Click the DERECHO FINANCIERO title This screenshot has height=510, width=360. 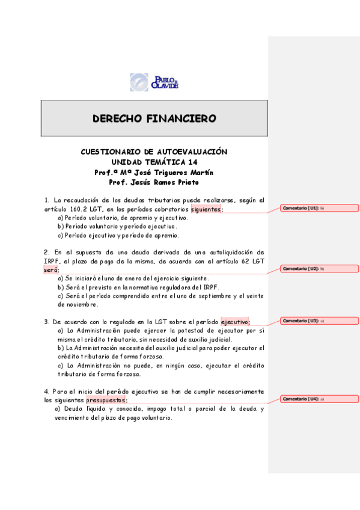pyautogui.click(x=154, y=118)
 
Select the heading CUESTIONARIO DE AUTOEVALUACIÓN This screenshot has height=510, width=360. pyautogui.click(x=154, y=152)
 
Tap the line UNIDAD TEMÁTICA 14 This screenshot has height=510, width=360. pyautogui.click(x=154, y=162)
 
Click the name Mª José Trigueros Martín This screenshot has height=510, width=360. pyautogui.click(x=170, y=172)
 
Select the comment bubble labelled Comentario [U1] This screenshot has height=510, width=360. pyautogui.click(x=319, y=208)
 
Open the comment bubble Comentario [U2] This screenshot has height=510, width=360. pyautogui.click(x=319, y=268)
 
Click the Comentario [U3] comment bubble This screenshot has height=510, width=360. pyautogui.click(x=319, y=321)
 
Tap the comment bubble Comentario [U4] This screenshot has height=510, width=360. pyautogui.click(x=319, y=399)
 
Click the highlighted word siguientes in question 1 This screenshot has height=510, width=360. pyautogui.click(x=206, y=209)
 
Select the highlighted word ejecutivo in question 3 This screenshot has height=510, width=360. pyautogui.click(x=234, y=322)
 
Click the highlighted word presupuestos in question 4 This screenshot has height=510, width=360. pyautogui.click(x=106, y=400)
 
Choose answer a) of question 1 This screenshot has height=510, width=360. pyautogui.click(x=123, y=218)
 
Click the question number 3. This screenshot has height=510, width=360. pyautogui.click(x=46, y=322)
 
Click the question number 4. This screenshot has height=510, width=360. pyautogui.click(x=46, y=392)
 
